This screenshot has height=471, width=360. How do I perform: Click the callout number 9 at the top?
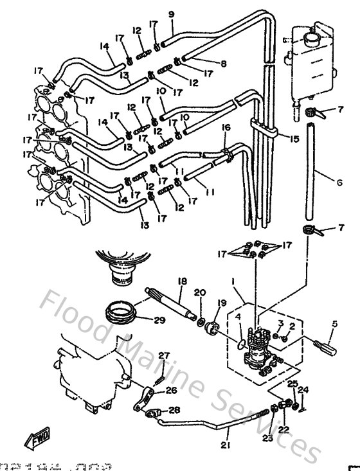171,15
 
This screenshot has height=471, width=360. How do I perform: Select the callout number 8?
224,64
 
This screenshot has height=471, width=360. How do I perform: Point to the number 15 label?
295,139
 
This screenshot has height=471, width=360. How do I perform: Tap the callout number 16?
225,128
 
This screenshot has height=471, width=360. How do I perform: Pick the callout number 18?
183,281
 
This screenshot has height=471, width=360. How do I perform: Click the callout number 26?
171,390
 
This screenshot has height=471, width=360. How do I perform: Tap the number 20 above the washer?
199,293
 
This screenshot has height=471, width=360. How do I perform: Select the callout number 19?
222,303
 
